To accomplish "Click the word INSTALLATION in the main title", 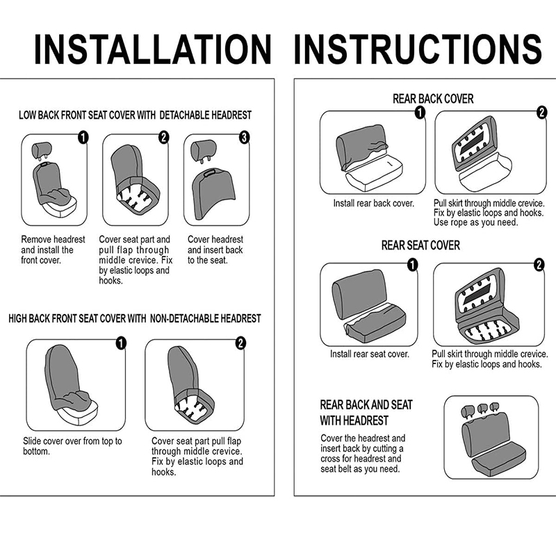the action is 153,49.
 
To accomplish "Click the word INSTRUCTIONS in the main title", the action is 418,49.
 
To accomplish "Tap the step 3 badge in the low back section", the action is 245,138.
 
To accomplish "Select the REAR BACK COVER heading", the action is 433,99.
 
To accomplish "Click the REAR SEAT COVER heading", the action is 420,245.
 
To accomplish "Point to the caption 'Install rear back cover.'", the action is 374,203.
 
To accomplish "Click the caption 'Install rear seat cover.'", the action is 370,354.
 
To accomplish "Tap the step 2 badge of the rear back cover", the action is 541,113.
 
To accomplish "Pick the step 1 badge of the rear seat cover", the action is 412,265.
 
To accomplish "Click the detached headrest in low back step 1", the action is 42,150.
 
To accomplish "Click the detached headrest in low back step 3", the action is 203,150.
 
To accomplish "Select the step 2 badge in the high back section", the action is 240,343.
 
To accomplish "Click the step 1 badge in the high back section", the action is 121,343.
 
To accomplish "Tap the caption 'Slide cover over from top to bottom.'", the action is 72,446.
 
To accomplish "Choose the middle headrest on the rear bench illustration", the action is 482,409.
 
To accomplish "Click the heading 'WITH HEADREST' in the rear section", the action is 354,420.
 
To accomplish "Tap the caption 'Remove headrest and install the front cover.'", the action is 53,250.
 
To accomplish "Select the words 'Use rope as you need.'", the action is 475,222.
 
